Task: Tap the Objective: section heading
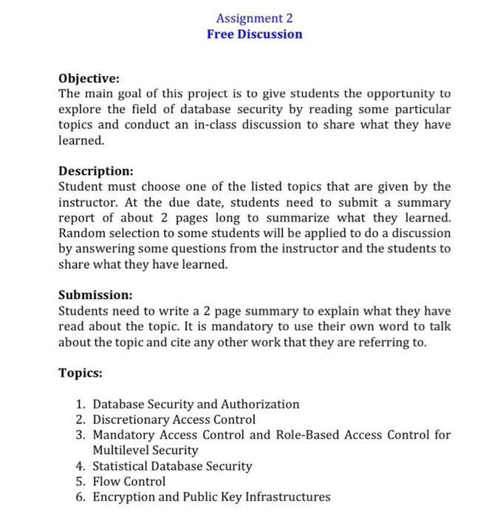(89, 78)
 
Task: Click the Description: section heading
(96, 171)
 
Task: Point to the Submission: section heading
(96, 295)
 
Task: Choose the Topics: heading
(81, 373)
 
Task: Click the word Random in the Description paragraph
(83, 233)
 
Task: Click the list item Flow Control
(129, 482)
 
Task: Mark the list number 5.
(81, 482)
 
